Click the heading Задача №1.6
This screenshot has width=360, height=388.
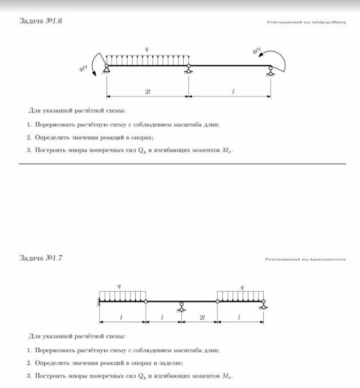pos(41,21)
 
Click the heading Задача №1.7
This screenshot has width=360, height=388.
pos(41,258)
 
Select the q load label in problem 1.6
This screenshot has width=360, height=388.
pos(147,49)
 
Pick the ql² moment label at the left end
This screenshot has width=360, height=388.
pos(84,69)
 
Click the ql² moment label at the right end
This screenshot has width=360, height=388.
pos(256,51)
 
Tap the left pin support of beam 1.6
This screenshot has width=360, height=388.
pos(106,69)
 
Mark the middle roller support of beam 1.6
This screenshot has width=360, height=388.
pos(188,70)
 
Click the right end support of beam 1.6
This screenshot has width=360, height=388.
pos(271,70)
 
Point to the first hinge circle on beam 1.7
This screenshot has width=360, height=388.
pos(145,301)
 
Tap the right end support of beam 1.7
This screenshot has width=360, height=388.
pos(263,304)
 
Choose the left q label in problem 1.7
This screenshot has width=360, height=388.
pos(119,286)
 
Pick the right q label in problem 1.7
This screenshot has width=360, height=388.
pos(242,286)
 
